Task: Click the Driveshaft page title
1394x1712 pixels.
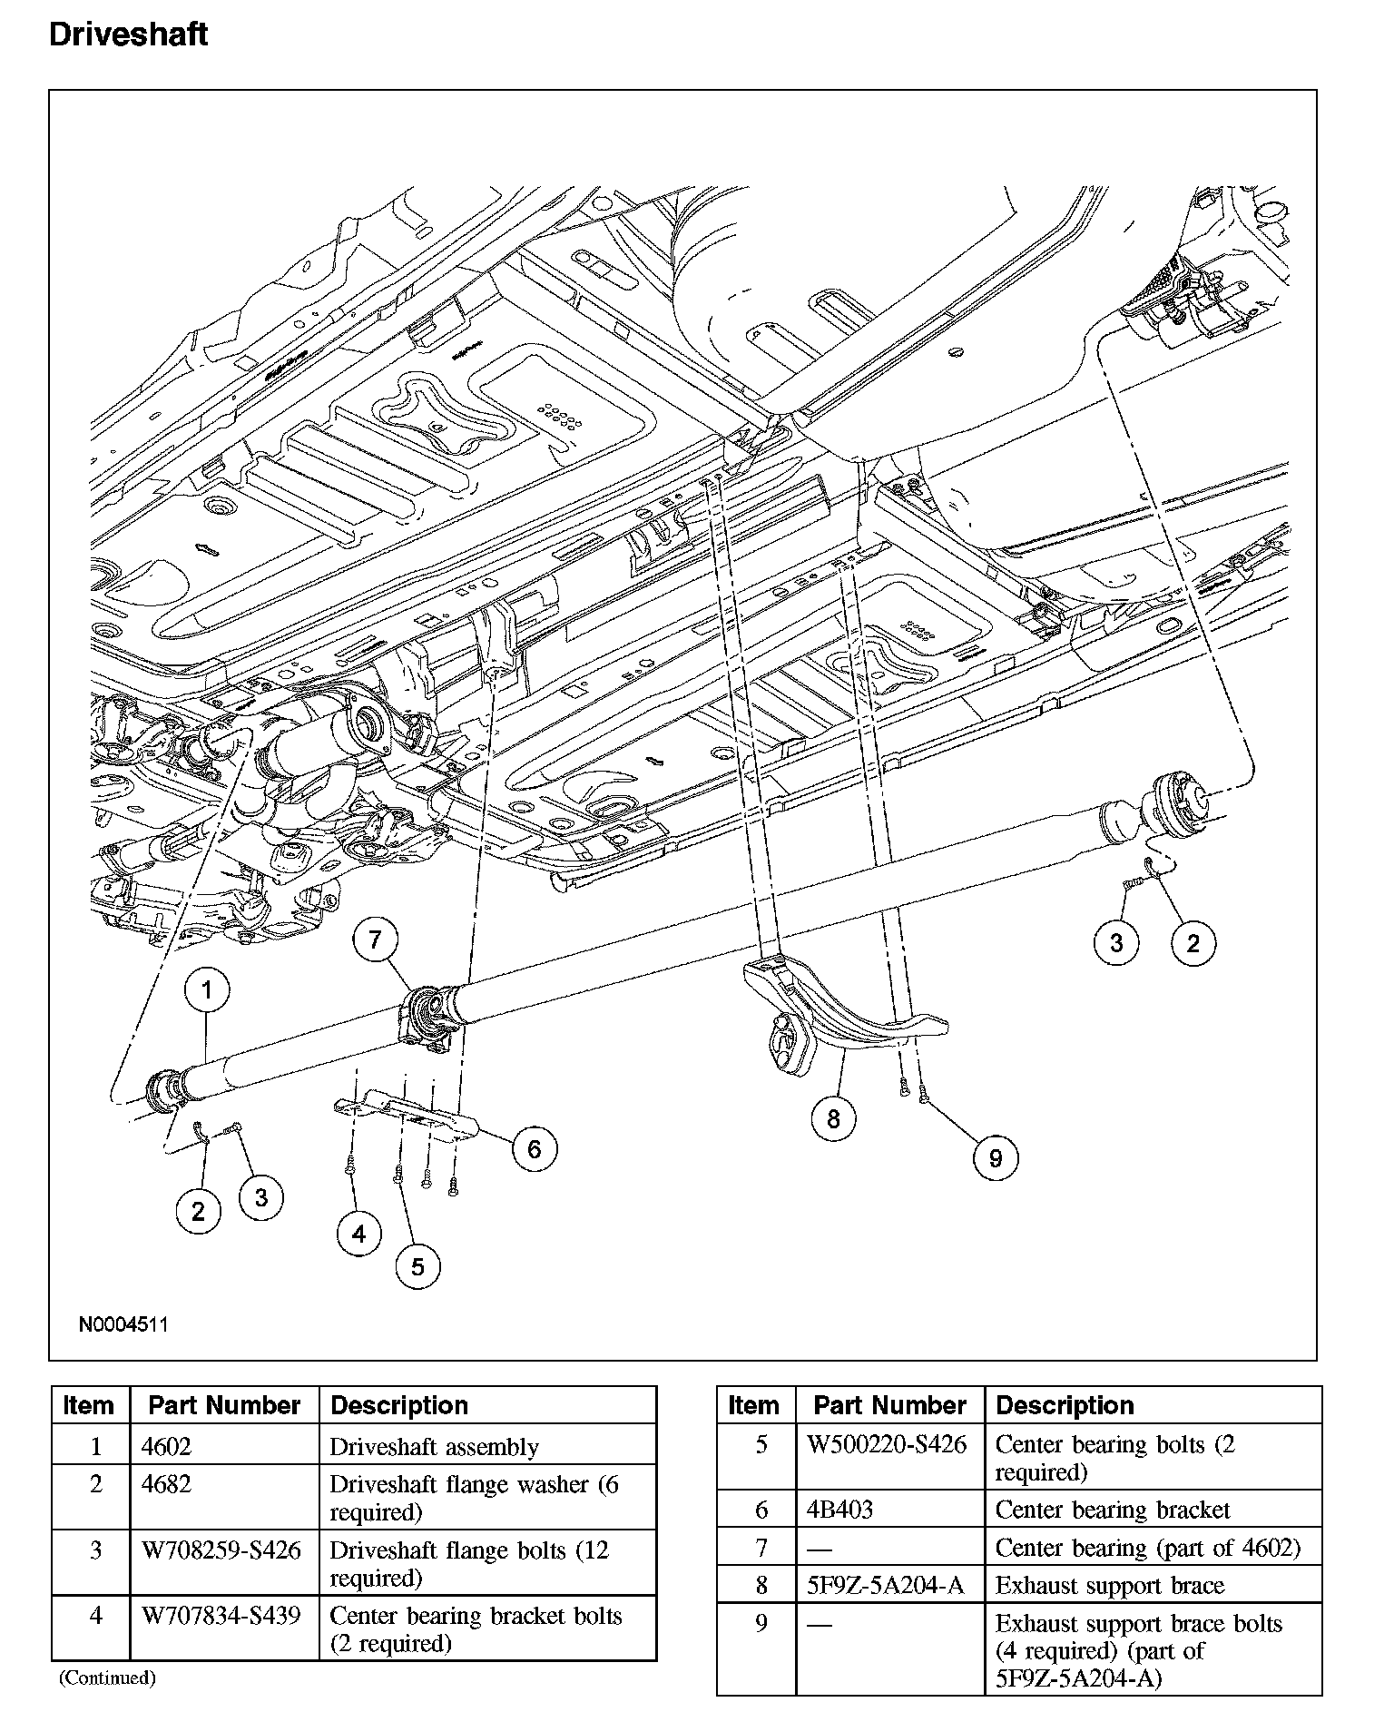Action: coord(128,34)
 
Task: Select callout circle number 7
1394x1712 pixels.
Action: coord(376,940)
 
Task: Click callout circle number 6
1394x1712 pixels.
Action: coord(534,1149)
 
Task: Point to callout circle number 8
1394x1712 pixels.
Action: coord(833,1118)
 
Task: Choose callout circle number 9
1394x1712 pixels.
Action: coord(996,1157)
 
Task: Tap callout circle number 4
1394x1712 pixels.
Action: coord(359,1234)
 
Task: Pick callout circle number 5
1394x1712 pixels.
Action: coord(417,1266)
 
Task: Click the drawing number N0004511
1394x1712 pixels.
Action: coord(123,1324)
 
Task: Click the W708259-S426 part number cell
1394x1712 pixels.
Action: coord(221,1550)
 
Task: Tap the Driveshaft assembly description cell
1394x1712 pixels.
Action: coord(434,1447)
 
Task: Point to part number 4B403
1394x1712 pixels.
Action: coord(840,1510)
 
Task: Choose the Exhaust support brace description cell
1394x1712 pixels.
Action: coord(1110,1585)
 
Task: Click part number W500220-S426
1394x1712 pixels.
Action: coord(887,1444)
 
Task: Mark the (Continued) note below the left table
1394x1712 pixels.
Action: coord(107,1678)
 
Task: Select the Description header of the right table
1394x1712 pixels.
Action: coord(1065,1405)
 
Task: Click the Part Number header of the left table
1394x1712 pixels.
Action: coord(224,1405)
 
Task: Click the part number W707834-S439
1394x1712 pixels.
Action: coord(221,1616)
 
